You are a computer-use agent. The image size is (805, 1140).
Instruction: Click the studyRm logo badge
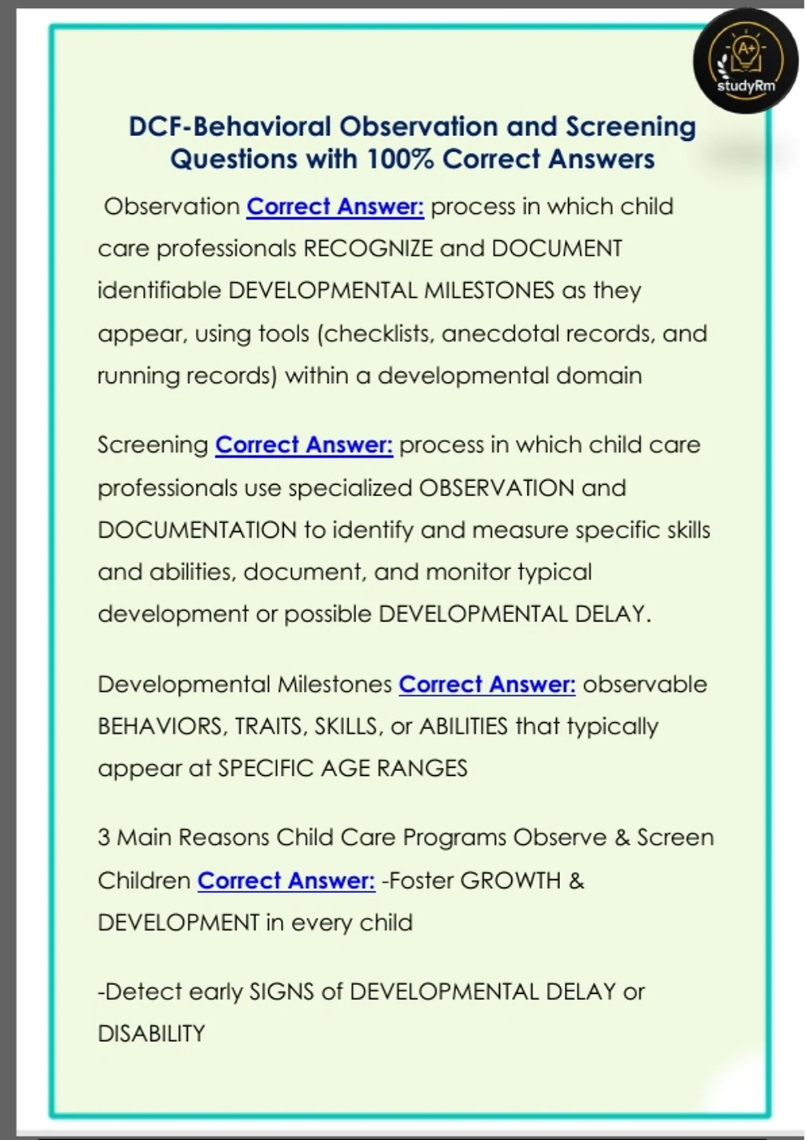point(745,62)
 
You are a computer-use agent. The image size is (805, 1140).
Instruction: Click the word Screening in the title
point(631,127)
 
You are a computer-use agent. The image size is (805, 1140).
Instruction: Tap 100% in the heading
point(400,160)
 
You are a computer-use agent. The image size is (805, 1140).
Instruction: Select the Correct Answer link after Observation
point(335,207)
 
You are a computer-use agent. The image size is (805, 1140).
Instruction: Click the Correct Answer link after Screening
point(304,445)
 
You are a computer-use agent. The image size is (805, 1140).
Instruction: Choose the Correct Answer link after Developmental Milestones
point(487,684)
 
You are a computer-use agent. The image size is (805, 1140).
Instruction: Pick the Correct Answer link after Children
point(286,880)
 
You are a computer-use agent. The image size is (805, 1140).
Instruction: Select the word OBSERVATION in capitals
point(496,488)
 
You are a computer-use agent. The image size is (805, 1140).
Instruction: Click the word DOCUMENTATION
point(197,530)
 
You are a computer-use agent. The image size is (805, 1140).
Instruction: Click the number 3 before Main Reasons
point(104,838)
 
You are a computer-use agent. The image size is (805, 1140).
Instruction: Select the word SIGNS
point(281,991)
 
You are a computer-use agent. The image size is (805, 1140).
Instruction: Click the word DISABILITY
point(152,1033)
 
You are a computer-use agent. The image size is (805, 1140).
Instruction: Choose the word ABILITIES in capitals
point(464,726)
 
